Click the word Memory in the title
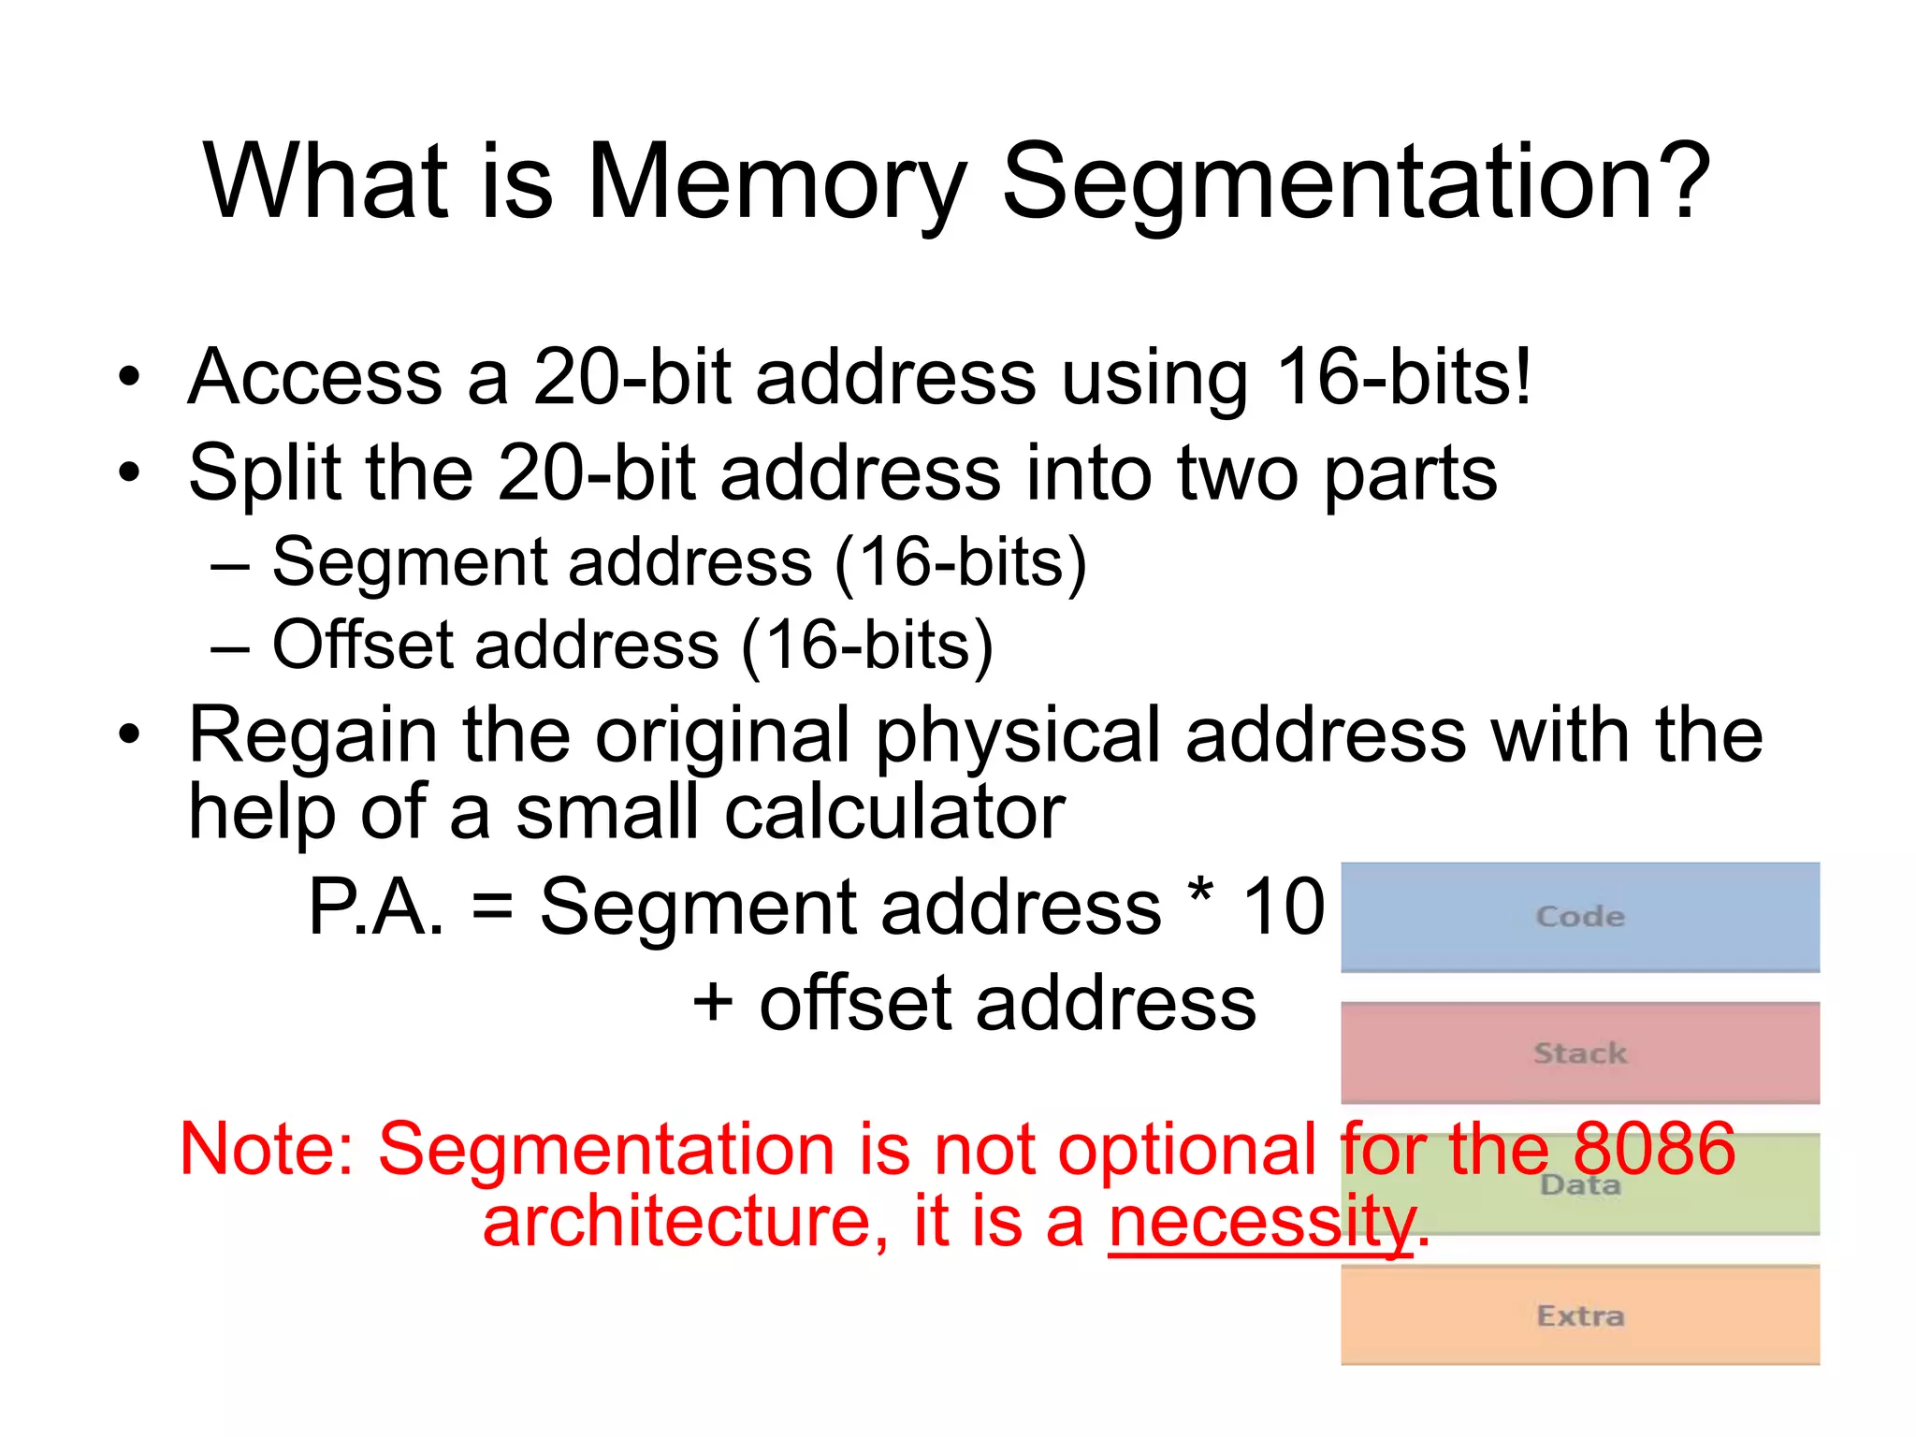[x=776, y=182]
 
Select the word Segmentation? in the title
[x=1357, y=182]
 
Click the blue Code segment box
[x=1579, y=917]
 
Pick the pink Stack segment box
[x=1579, y=1053]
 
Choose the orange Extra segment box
[x=1579, y=1315]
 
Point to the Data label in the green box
[x=1580, y=1186]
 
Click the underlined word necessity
[x=1262, y=1222]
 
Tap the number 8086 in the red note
[x=1654, y=1149]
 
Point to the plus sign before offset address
[x=713, y=1002]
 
